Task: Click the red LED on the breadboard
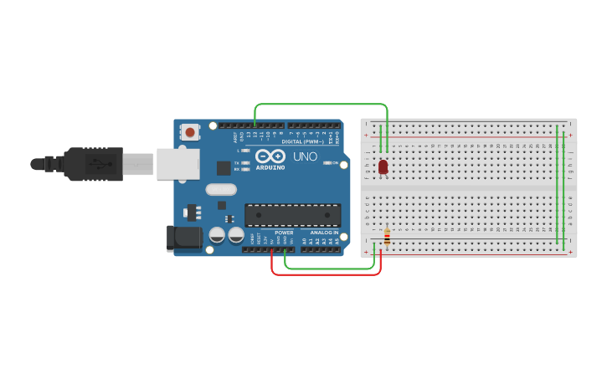[x=383, y=166]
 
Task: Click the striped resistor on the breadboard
[x=387, y=238]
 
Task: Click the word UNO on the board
[x=304, y=156]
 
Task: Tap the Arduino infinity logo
[x=270, y=156]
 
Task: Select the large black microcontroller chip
[x=292, y=215]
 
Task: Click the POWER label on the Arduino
[x=284, y=233]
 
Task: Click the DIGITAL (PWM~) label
[x=304, y=141]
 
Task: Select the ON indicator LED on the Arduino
[x=327, y=163]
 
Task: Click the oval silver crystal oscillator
[x=221, y=190]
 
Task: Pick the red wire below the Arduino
[x=327, y=274]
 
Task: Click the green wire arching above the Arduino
[x=322, y=105]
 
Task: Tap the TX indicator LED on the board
[x=245, y=162]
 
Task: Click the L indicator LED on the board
[x=245, y=151]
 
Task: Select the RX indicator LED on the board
[x=245, y=169]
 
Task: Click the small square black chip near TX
[x=224, y=167]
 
